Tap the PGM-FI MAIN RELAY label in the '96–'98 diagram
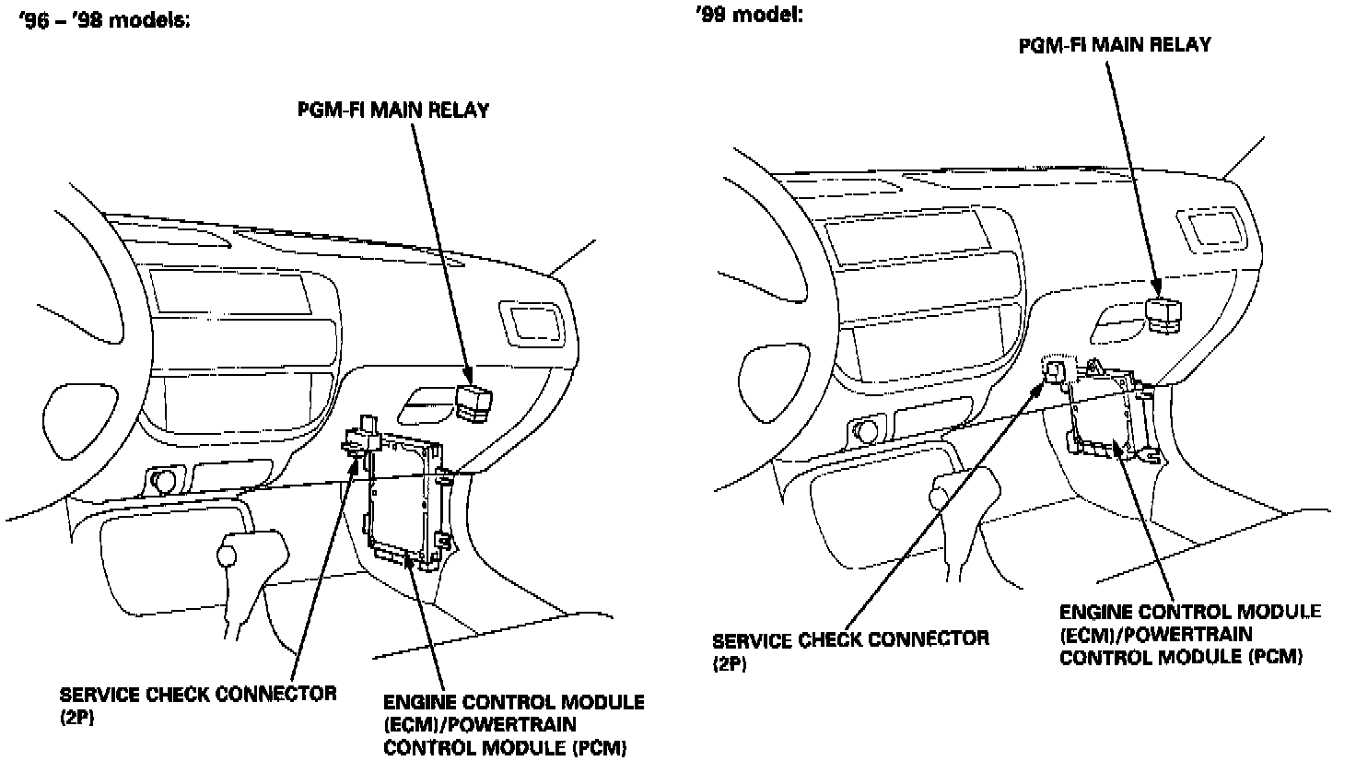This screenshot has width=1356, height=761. click(393, 111)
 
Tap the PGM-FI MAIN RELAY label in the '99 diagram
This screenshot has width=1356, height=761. click(1115, 44)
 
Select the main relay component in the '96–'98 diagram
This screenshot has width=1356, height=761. click(473, 404)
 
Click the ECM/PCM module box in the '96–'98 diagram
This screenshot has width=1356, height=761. click(405, 498)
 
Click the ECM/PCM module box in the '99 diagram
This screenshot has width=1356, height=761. click(1108, 410)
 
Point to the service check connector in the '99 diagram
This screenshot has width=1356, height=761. click(1055, 369)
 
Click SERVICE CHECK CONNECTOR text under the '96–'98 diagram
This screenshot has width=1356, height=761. click(198, 694)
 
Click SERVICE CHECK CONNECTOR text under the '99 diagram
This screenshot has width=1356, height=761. click(850, 638)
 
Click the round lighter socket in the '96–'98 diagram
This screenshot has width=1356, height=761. click(166, 481)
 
